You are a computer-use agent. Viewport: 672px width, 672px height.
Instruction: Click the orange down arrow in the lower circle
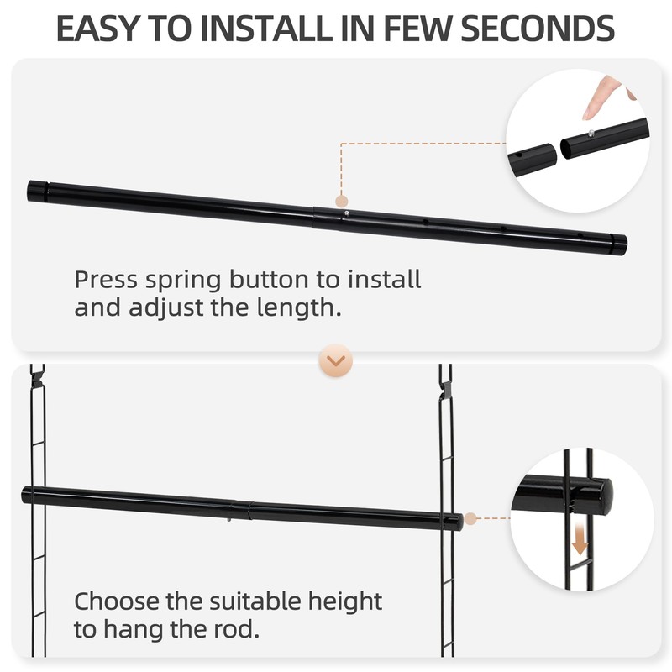pos(579,537)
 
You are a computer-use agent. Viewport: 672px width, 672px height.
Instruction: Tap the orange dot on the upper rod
pos(341,201)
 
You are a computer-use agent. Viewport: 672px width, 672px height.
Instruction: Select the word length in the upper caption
pos(303,307)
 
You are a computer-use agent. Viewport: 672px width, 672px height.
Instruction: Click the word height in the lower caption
pos(339,601)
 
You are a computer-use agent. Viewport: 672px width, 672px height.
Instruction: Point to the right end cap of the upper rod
pos(617,244)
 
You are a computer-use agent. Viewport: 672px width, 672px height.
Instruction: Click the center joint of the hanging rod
pos(239,508)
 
